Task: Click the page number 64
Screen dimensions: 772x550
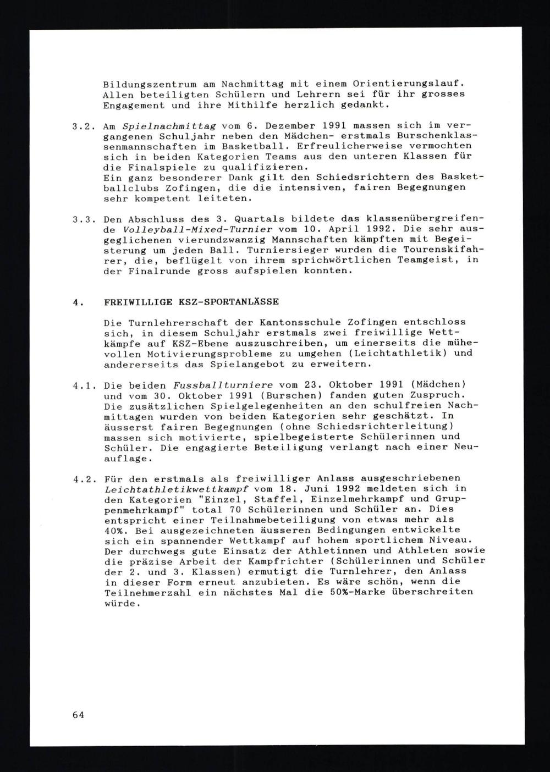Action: pos(78,715)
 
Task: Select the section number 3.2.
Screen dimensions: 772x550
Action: pos(82,126)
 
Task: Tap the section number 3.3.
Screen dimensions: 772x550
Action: pos(82,219)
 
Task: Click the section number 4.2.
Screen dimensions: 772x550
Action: pos(82,479)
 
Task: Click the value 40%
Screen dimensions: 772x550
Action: pos(114,531)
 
